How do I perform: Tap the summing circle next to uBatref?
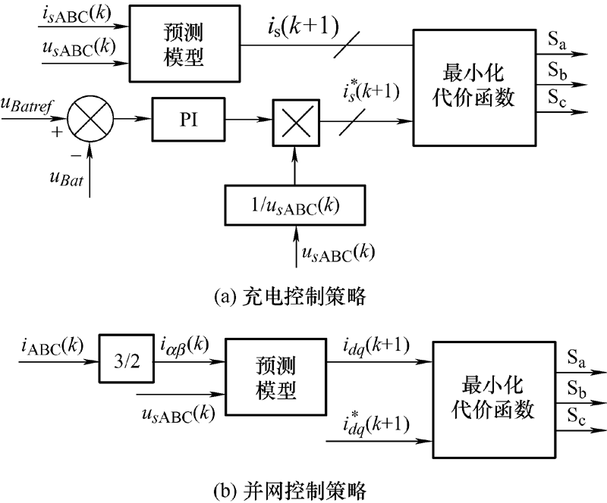coord(90,118)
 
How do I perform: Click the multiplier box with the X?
coord(297,120)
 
